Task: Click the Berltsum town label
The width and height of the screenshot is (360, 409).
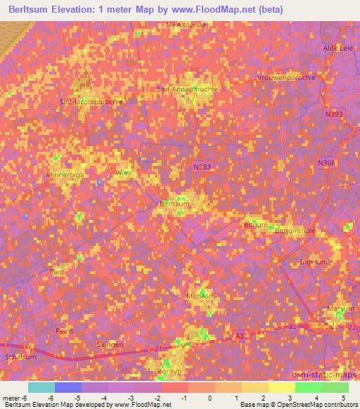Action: click(175, 204)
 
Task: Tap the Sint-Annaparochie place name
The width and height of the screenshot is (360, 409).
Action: click(184, 89)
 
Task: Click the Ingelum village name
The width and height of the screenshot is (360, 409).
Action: click(314, 262)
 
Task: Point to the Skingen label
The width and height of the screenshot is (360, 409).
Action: click(110, 345)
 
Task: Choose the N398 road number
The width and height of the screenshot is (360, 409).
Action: click(326, 163)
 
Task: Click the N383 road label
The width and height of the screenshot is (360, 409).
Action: click(201, 167)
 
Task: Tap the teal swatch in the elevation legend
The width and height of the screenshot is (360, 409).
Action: click(41, 388)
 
